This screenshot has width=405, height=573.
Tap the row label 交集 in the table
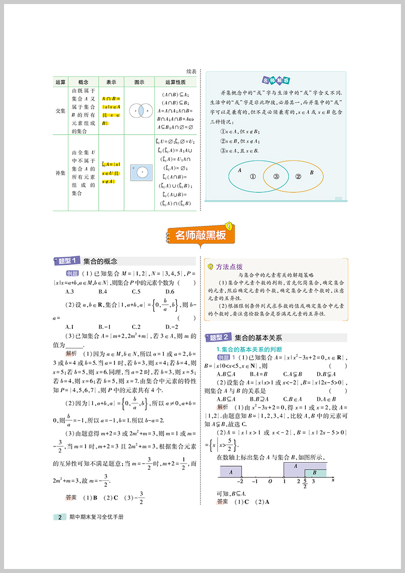[61, 110]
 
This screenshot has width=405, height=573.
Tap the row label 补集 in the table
[61, 173]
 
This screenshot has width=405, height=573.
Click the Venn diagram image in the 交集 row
[139, 110]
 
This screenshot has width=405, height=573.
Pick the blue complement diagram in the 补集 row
[139, 173]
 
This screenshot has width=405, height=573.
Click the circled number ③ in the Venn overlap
[276, 177]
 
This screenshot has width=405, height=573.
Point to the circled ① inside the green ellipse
[253, 177]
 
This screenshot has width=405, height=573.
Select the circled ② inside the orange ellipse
[298, 177]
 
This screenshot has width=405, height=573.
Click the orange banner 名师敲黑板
[200, 235]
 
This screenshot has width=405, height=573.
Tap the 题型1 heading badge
[67, 261]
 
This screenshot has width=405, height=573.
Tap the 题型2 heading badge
[219, 337]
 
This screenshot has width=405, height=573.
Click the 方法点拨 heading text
[229, 267]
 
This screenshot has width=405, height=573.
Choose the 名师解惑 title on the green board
[276, 80]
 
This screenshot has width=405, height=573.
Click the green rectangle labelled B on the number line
[315, 473]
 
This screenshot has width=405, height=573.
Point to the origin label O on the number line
[270, 482]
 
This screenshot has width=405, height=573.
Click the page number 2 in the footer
[60, 517]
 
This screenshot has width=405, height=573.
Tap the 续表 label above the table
[191, 72]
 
